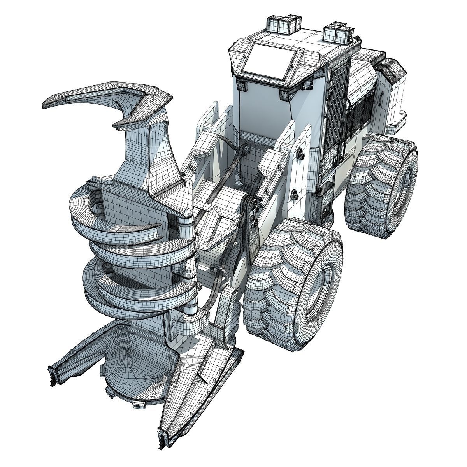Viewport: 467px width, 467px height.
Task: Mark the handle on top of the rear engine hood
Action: (389, 67)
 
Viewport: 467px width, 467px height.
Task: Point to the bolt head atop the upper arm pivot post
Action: (190, 212)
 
